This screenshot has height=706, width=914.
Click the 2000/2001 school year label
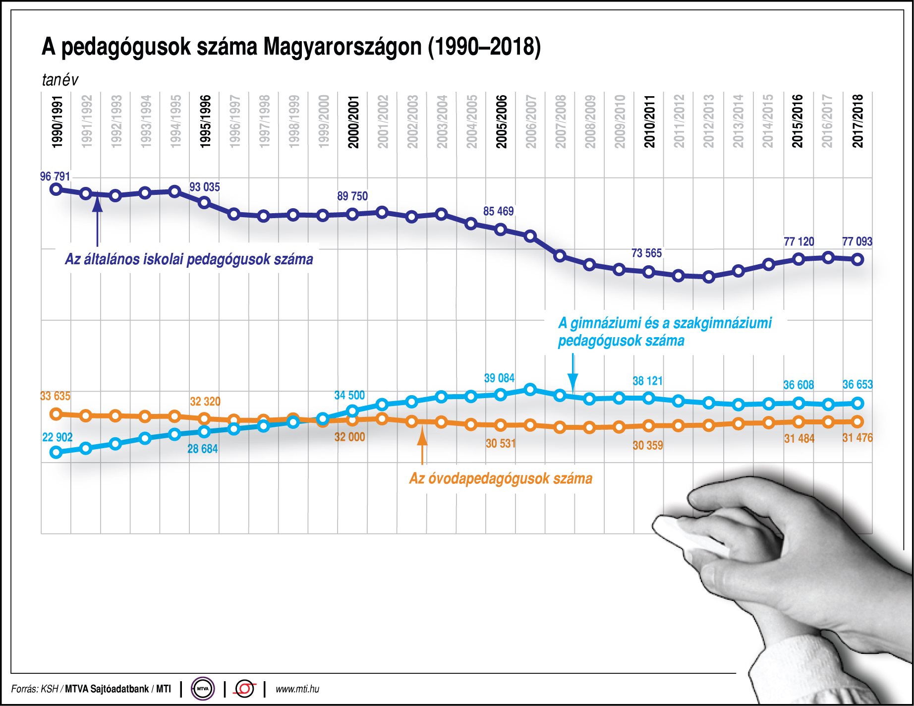click(x=353, y=121)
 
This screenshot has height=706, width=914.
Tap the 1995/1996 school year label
click(x=205, y=121)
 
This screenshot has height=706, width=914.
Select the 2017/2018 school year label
click(x=858, y=121)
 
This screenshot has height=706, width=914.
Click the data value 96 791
click(x=55, y=176)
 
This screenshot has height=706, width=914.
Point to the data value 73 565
click(x=646, y=253)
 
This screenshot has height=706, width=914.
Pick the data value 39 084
click(x=499, y=378)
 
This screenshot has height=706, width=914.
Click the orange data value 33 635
click(x=55, y=396)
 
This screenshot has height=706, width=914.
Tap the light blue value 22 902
click(x=57, y=437)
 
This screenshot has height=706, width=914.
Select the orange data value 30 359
click(x=648, y=445)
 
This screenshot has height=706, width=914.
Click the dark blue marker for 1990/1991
click(x=56, y=189)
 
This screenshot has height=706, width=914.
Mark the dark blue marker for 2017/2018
click(x=858, y=259)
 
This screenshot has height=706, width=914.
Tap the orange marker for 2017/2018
click(x=858, y=422)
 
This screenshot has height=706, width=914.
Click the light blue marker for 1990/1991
click(x=56, y=452)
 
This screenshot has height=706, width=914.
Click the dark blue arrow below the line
click(x=98, y=218)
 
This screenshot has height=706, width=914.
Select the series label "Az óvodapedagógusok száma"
click(x=501, y=478)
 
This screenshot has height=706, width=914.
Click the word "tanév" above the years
click(x=60, y=80)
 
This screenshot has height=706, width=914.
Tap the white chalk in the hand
click(x=689, y=535)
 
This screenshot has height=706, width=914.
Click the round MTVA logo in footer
click(x=203, y=689)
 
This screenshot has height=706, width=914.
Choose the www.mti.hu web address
click(x=297, y=689)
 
